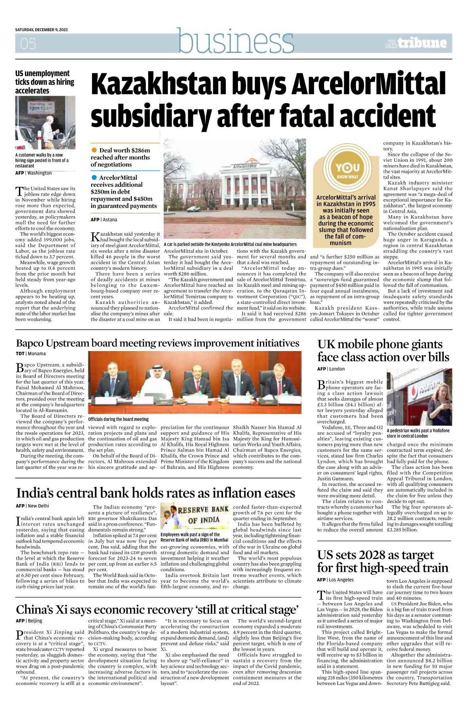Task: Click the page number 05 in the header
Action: point(28,43)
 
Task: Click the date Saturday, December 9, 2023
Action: point(42,30)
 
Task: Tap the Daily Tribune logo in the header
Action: point(416,43)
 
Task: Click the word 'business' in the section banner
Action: point(236,41)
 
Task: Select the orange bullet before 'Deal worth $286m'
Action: point(94,150)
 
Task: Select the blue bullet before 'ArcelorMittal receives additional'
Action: point(94,177)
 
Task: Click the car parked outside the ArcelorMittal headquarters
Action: point(193,209)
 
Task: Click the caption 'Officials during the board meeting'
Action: point(118,419)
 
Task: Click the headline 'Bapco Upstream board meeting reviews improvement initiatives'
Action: point(158,343)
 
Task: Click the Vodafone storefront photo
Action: point(419,397)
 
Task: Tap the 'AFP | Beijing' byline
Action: point(29,621)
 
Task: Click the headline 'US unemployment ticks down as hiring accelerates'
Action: point(44,82)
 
